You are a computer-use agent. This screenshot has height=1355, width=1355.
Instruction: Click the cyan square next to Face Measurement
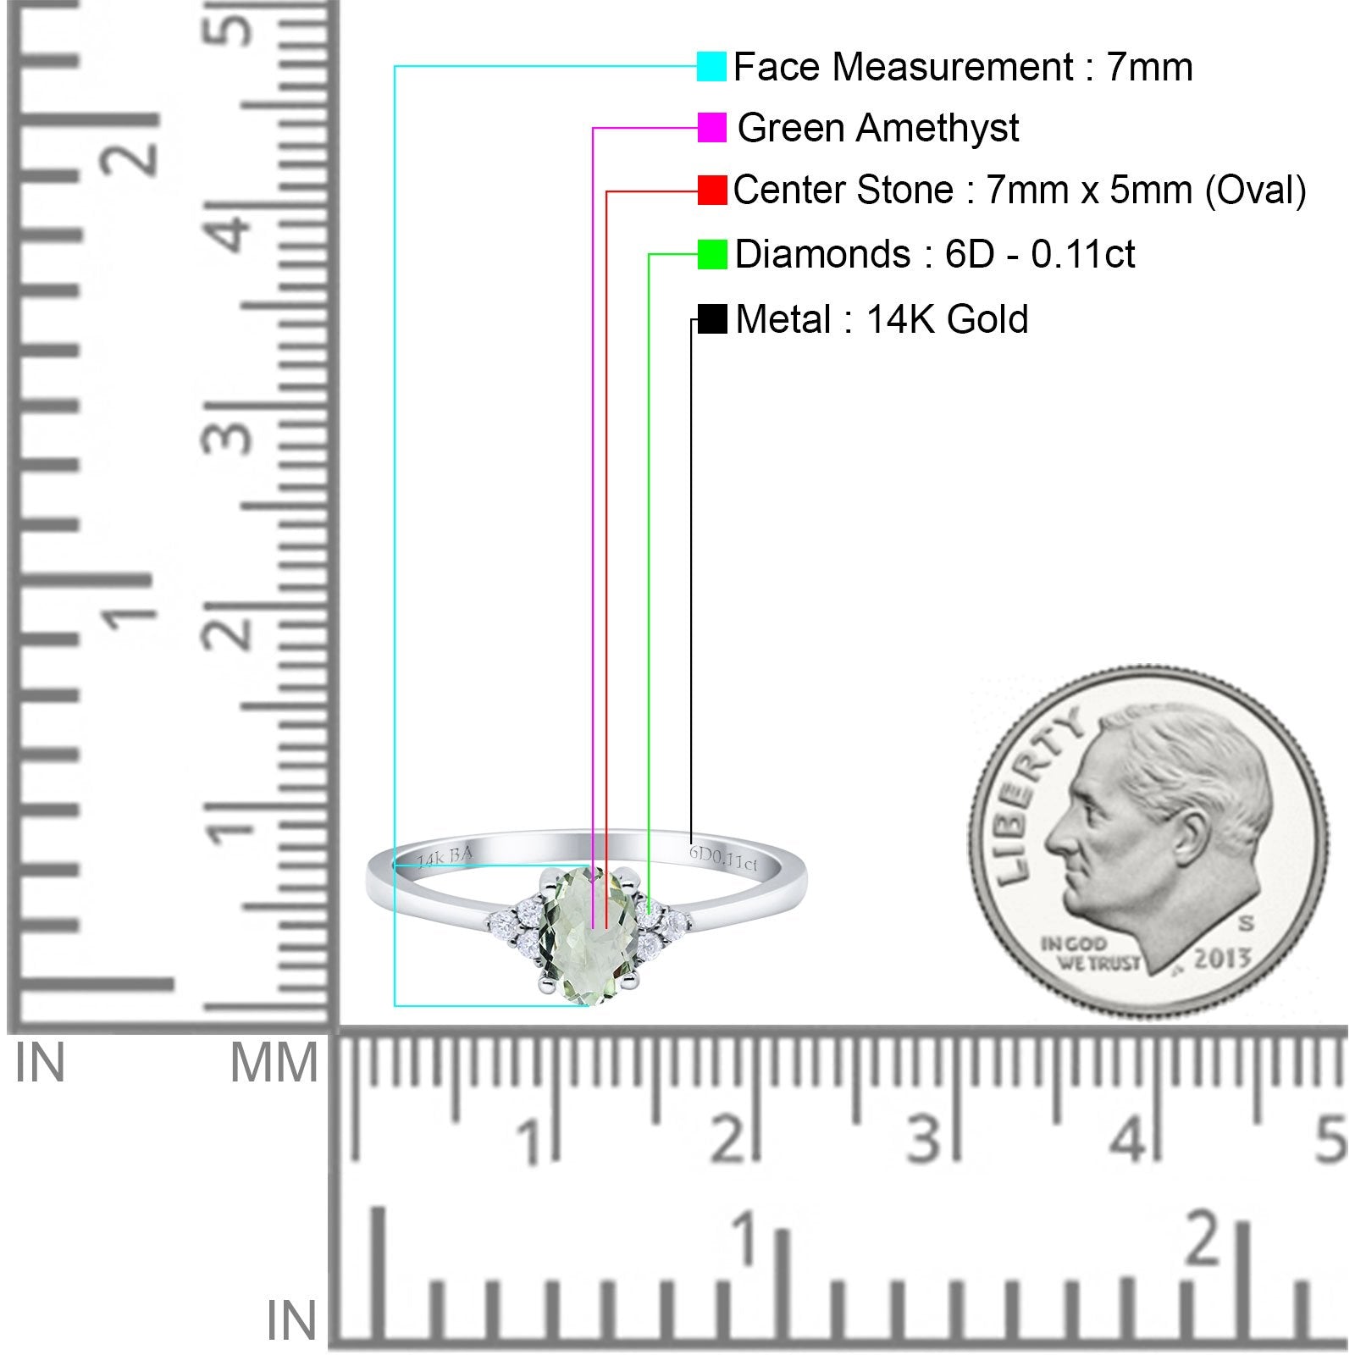(x=711, y=66)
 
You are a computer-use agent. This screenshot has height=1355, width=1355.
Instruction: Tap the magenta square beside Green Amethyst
(x=711, y=128)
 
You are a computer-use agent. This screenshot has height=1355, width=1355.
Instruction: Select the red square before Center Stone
(x=712, y=191)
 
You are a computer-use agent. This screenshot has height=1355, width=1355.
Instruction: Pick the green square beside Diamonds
(x=712, y=254)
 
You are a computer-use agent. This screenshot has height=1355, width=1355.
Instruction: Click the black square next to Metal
(x=712, y=319)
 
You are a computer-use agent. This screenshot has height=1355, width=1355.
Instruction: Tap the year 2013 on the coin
(x=1222, y=959)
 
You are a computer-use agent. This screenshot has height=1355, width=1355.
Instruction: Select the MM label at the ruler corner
(x=274, y=1063)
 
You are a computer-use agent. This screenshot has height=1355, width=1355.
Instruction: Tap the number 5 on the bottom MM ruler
(x=1332, y=1139)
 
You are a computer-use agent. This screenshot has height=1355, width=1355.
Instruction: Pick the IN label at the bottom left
(x=290, y=1321)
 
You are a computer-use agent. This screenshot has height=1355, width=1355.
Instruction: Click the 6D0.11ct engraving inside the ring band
(x=723, y=858)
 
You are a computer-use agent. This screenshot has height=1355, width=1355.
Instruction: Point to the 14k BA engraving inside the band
(x=444, y=858)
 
